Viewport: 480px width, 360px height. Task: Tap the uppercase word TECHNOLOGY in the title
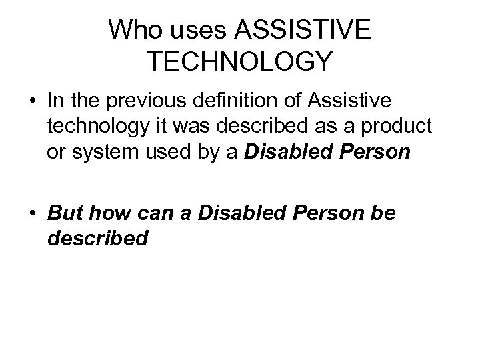(x=239, y=61)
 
